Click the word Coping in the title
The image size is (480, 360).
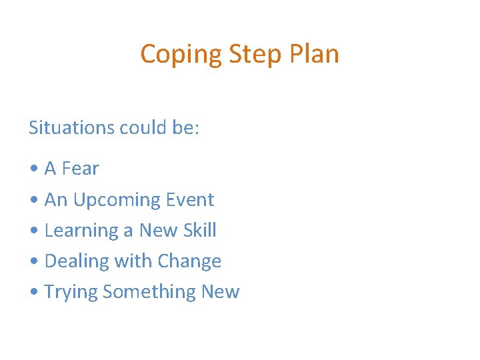click(181, 54)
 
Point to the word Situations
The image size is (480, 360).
click(71, 127)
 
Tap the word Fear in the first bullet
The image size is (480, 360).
click(80, 169)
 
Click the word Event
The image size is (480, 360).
click(192, 199)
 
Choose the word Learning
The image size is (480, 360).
click(82, 231)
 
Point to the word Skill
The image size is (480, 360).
click(199, 230)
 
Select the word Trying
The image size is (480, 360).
click(71, 292)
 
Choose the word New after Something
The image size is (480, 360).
click(219, 291)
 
